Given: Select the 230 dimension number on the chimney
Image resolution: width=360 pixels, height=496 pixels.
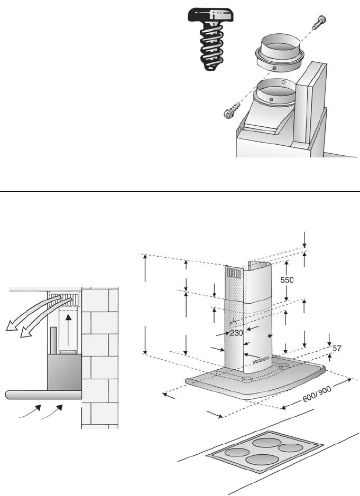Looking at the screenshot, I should (236, 333).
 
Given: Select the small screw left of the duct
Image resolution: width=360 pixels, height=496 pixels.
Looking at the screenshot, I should (232, 111).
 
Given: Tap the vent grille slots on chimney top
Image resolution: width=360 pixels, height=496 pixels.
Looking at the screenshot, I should (233, 273).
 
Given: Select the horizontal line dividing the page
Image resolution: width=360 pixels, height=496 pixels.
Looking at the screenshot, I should (180, 191).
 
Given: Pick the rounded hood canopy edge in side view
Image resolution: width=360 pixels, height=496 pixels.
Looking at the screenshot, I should (42, 394).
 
